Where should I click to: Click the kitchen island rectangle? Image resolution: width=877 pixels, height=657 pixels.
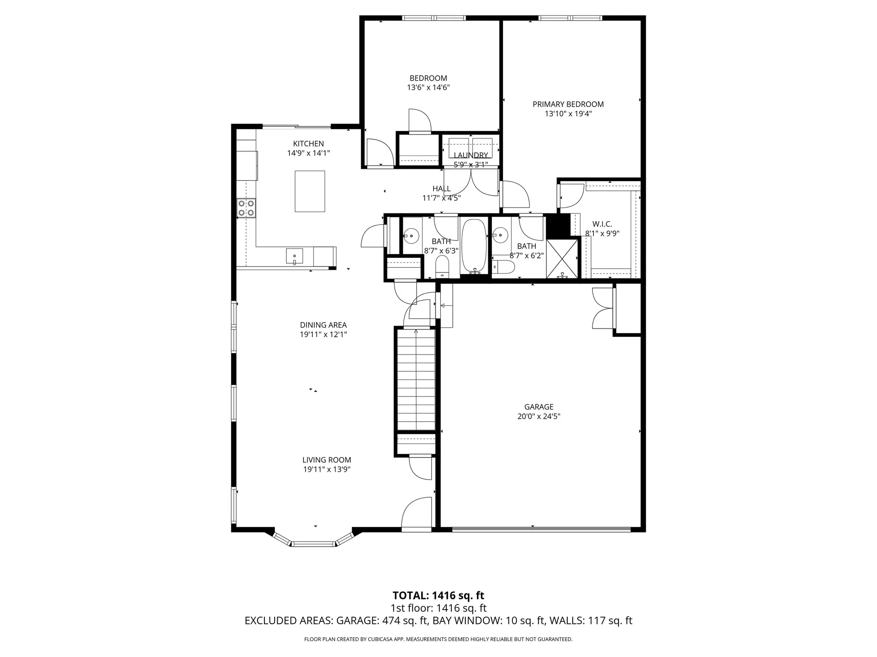pyautogui.click(x=310, y=191)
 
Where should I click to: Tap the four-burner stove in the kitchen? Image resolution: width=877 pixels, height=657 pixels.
pyautogui.click(x=246, y=208)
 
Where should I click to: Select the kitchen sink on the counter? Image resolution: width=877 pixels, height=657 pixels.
pyautogui.click(x=294, y=256)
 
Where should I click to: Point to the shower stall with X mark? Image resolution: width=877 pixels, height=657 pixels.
pyautogui.click(x=562, y=258)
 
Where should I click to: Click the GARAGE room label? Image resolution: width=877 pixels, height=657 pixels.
pyautogui.click(x=539, y=407)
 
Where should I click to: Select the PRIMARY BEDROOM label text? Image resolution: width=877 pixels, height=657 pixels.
pyautogui.click(x=568, y=104)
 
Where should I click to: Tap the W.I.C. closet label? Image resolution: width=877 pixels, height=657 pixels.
pyautogui.click(x=602, y=224)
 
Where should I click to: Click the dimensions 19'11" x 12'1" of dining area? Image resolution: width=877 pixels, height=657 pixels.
pyautogui.click(x=323, y=334)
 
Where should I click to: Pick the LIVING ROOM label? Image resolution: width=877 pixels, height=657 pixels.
pyautogui.click(x=326, y=460)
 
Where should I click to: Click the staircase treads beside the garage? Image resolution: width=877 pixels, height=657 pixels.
pyautogui.click(x=415, y=379)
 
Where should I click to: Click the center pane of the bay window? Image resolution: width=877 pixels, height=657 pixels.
pyautogui.click(x=314, y=544)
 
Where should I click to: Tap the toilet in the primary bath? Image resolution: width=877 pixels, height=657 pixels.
pyautogui.click(x=505, y=267)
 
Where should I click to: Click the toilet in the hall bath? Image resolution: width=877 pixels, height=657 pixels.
pyautogui.click(x=442, y=267)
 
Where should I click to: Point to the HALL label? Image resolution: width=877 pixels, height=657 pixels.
pyautogui.click(x=441, y=188)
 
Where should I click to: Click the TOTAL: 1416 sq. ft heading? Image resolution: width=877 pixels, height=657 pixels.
pyautogui.click(x=438, y=595)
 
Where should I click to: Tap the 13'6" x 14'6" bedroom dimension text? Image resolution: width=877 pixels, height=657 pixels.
pyautogui.click(x=428, y=88)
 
